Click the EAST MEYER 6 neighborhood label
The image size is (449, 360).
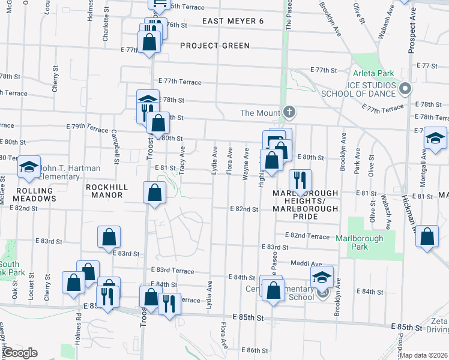[232, 21]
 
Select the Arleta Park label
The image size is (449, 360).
[373, 74]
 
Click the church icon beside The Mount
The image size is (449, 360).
[289, 112]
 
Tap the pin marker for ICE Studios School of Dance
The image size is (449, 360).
[405, 89]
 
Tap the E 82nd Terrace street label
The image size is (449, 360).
[307, 236]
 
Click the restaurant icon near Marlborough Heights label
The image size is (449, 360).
[299, 179]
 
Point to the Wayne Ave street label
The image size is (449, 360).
[246, 163]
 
